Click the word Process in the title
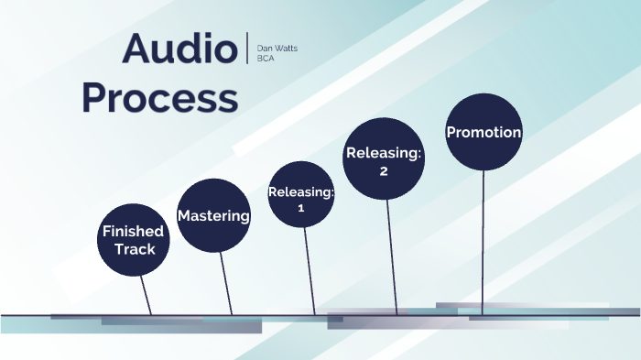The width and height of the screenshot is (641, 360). (x=159, y=96)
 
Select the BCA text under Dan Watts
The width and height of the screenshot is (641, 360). (x=266, y=58)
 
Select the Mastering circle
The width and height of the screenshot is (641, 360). (x=213, y=215)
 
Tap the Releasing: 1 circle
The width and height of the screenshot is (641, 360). (x=301, y=194)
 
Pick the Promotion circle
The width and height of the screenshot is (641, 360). (x=483, y=132)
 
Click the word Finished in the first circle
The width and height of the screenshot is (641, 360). (x=134, y=231)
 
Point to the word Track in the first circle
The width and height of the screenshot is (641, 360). (x=135, y=248)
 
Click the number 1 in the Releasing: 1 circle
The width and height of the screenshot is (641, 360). (x=300, y=208)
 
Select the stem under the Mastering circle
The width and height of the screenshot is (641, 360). (x=226, y=284)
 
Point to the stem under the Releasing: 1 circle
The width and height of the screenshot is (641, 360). (x=310, y=271)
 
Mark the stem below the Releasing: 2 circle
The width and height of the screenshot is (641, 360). (x=391, y=256)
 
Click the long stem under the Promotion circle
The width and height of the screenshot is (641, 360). (x=483, y=243)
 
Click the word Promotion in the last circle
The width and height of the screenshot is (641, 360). (x=483, y=133)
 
